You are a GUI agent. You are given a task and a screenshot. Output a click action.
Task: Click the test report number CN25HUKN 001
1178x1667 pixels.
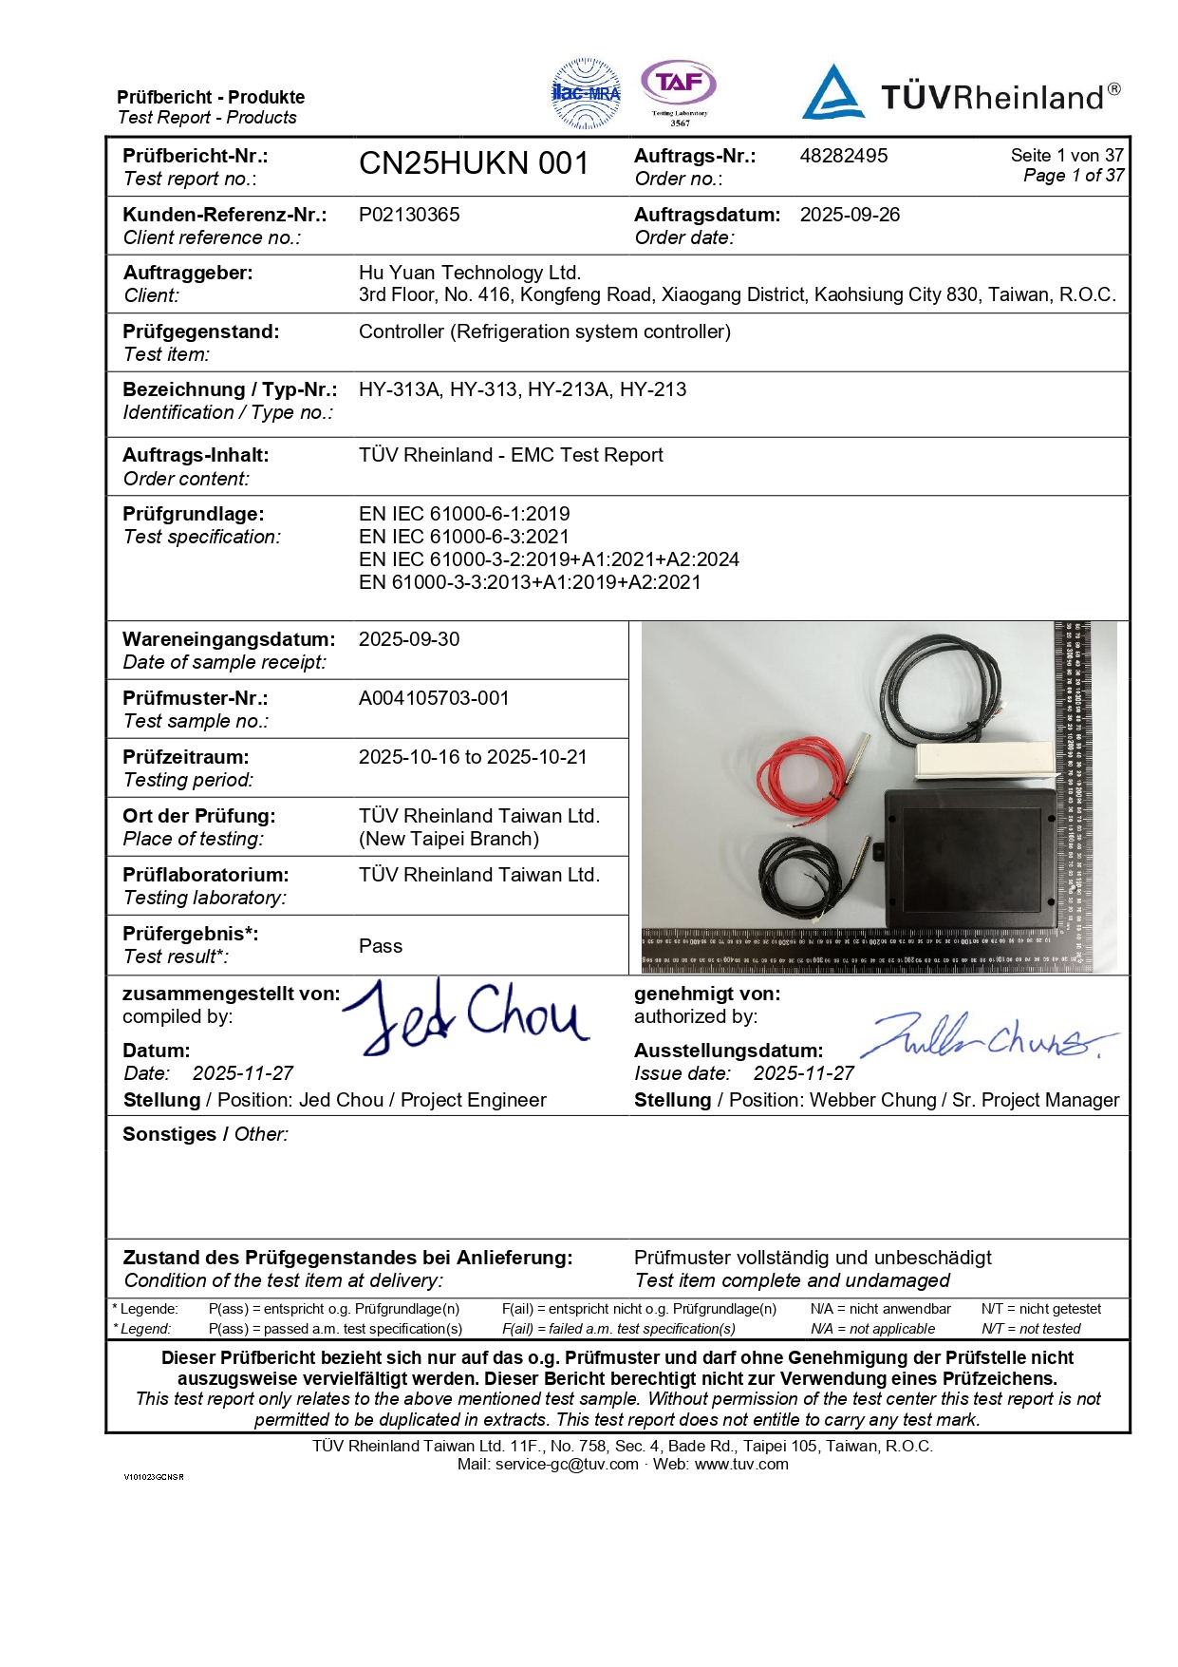[x=474, y=163]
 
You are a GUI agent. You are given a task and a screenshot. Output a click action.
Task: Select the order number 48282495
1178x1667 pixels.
[x=843, y=156]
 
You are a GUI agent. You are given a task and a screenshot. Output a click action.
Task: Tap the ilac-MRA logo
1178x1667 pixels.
[x=587, y=93]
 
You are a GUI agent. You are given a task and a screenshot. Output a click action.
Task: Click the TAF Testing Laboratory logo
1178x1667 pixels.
[x=679, y=90]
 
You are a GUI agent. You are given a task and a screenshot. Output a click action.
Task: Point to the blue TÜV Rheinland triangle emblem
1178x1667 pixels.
[x=832, y=93]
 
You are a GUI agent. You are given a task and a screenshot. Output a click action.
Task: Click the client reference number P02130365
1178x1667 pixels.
[x=409, y=215]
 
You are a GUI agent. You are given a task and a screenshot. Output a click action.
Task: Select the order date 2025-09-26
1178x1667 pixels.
[x=850, y=215]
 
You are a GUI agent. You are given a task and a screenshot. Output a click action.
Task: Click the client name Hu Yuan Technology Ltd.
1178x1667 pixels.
[x=470, y=273]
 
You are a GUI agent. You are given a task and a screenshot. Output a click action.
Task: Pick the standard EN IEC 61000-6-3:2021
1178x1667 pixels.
[x=464, y=537]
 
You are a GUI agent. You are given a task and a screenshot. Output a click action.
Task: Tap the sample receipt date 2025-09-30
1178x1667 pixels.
[x=409, y=639]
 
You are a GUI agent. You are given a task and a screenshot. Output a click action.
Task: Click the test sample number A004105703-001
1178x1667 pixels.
[x=434, y=698]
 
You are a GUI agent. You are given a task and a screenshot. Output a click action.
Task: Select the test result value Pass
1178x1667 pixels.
[x=381, y=946]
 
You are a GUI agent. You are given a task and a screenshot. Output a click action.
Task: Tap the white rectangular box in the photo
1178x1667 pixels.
[x=984, y=759]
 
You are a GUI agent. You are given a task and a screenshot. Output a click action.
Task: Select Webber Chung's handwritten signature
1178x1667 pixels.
[x=987, y=1037]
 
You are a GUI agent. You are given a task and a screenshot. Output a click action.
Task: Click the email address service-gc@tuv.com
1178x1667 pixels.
[x=567, y=1464]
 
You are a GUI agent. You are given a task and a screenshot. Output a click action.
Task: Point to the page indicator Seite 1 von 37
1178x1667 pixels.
[x=1067, y=155]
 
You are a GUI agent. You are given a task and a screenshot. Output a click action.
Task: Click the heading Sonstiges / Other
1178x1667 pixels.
[x=205, y=1134]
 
